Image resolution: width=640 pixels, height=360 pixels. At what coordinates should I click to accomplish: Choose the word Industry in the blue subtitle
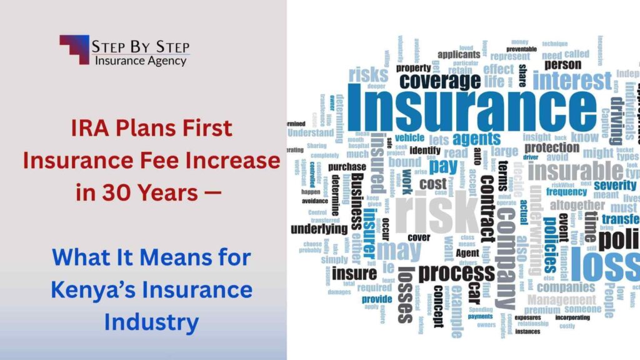coord(151,322)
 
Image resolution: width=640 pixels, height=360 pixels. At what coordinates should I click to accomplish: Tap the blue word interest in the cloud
coord(572,81)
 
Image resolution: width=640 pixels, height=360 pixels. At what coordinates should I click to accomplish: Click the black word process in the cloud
coord(456,272)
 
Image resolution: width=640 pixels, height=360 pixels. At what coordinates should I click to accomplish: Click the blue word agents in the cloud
coord(477,139)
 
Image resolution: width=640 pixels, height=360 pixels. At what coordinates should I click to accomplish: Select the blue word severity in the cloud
coord(614,185)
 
